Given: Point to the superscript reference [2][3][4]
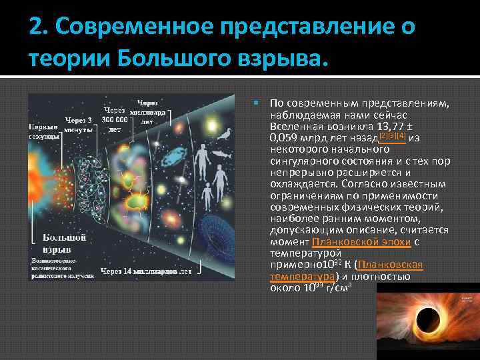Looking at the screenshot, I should (393, 135).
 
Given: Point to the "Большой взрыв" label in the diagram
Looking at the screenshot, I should (64, 241).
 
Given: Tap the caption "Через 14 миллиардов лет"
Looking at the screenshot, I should (146, 271).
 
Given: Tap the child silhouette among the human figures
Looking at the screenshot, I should (208, 195).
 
